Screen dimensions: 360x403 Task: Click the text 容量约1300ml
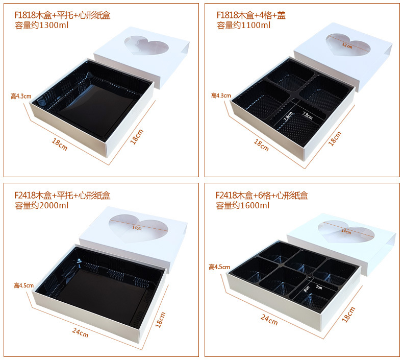pos(41,25)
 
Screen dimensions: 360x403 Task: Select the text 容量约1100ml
pos(243,25)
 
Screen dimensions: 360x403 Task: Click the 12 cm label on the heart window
pos(347,45)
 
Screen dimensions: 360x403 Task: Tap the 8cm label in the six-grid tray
pos(307,289)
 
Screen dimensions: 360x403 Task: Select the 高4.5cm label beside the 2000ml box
pos(23,285)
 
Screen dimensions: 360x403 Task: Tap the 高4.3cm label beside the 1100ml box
pos(221,95)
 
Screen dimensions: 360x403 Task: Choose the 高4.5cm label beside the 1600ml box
pos(219,267)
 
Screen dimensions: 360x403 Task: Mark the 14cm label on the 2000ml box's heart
pos(137,228)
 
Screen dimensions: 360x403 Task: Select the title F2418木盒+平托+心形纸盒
pos(62,195)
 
